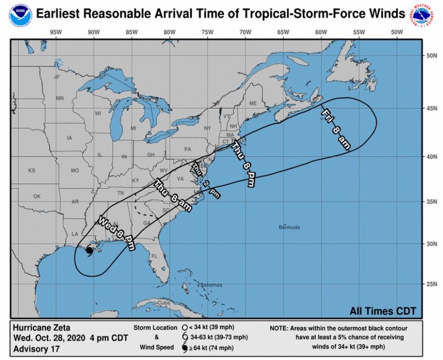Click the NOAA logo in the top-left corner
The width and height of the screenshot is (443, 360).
pyautogui.click(x=20, y=13)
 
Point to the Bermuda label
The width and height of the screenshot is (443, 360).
pyautogui.click(x=289, y=227)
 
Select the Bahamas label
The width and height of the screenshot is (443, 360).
pyautogui.click(x=211, y=285)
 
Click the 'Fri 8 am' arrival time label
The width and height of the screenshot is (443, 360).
pyautogui.click(x=335, y=129)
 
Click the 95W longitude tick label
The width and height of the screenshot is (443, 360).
pyautogui.click(x=55, y=33)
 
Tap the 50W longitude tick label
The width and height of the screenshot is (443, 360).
pyautogui.click(x=397, y=33)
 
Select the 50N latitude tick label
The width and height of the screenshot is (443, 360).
pyautogui.click(x=430, y=56)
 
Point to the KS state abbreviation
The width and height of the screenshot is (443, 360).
pyautogui.click(x=32, y=171)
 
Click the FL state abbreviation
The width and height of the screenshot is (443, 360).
pyautogui.click(x=155, y=256)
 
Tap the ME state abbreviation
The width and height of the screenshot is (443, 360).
pyautogui.click(x=253, y=104)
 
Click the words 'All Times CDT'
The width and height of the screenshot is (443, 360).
pyautogui.click(x=383, y=311)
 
